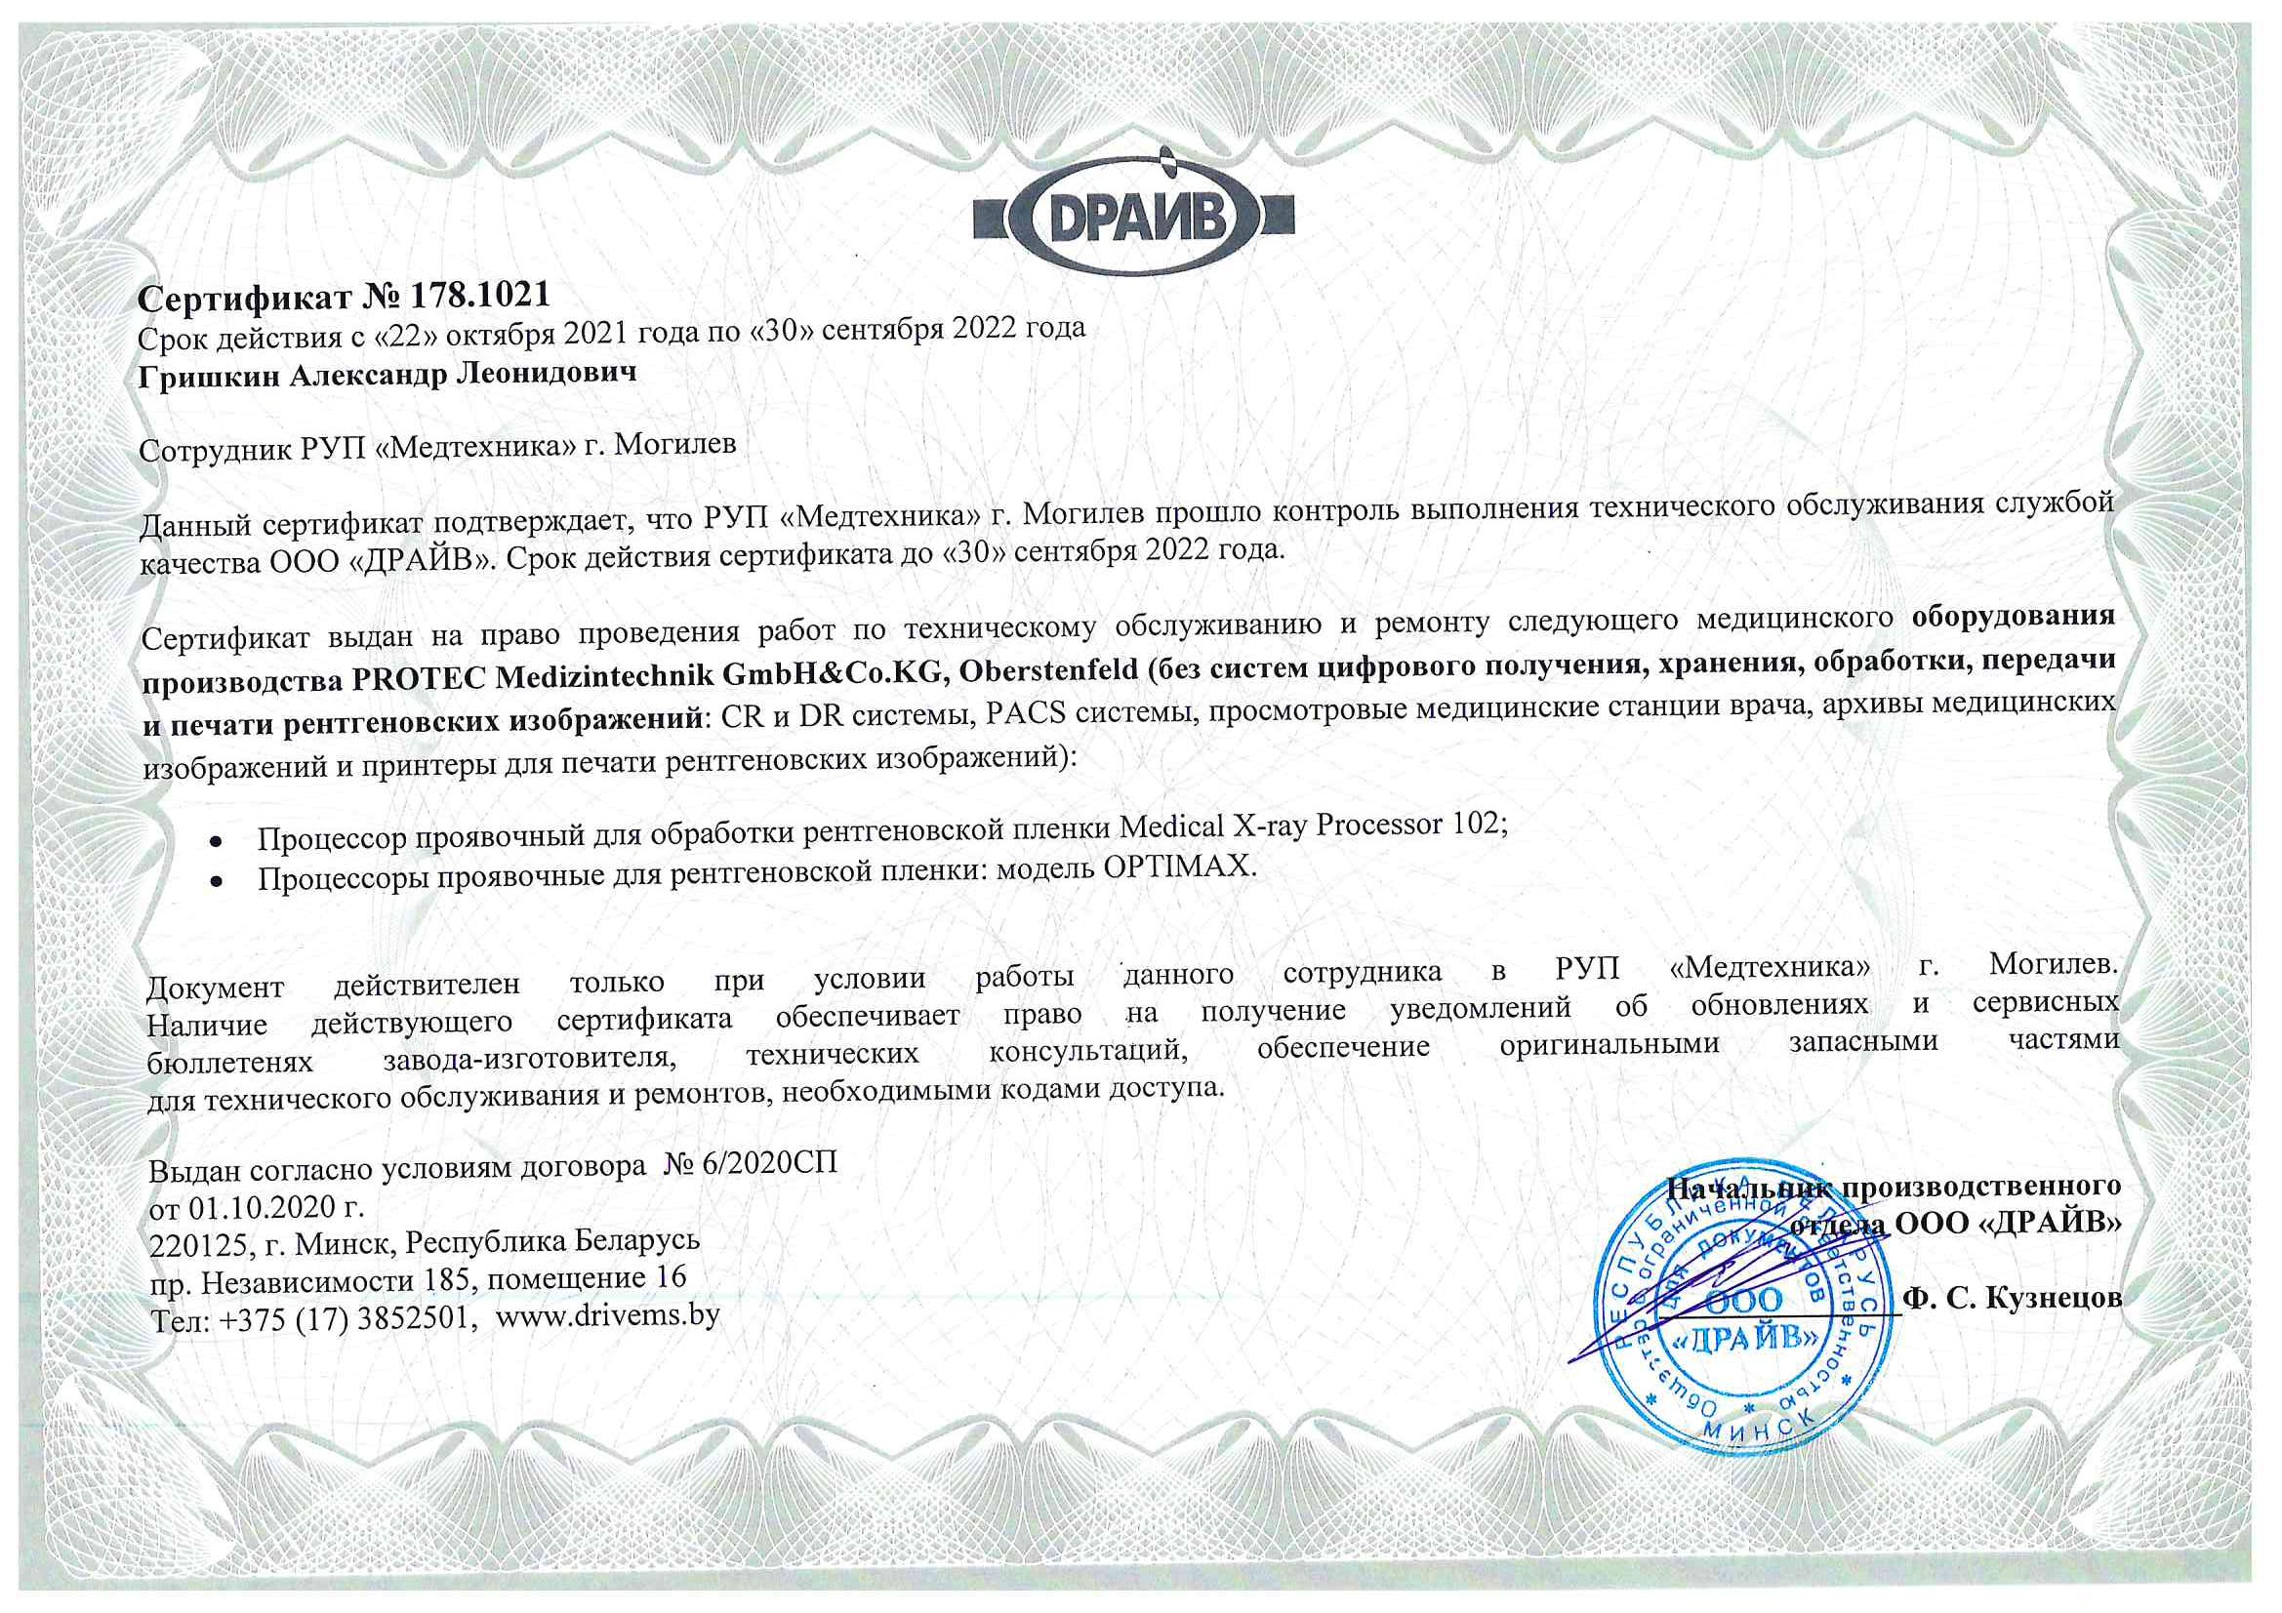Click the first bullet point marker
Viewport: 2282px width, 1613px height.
pos(214,840)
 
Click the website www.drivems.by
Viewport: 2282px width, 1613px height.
pos(607,1315)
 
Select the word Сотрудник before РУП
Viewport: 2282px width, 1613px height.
pos(212,449)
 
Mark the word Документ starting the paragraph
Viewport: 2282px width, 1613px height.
pos(215,987)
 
